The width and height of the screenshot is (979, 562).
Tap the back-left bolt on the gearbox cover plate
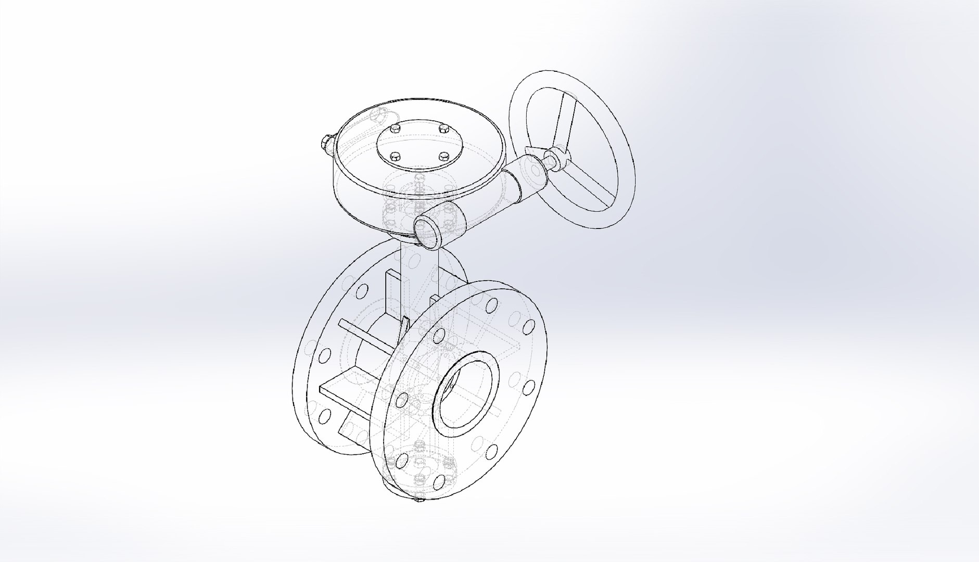[x=395, y=128]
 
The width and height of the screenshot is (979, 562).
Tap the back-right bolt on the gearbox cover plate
[x=444, y=127]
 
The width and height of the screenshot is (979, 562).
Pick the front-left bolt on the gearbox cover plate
[x=395, y=156]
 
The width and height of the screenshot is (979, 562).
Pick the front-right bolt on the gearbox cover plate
[x=444, y=156]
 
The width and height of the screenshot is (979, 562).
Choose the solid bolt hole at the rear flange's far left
[x=324, y=355]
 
